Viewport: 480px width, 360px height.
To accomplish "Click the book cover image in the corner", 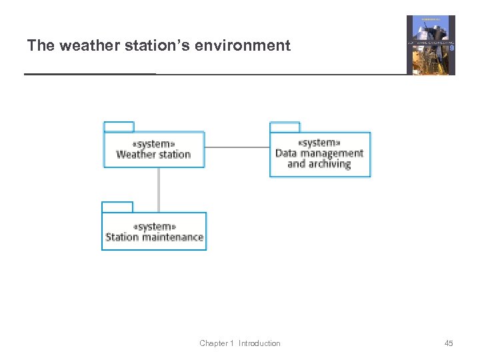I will (431, 45).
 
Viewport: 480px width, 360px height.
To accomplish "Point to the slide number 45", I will (449, 343).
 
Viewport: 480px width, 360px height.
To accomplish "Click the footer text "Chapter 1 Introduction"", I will (239, 343).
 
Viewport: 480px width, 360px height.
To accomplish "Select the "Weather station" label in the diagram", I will (153, 155).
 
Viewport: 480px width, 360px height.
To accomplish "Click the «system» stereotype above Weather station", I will (153, 143).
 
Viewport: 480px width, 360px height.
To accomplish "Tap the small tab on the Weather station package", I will (119, 127).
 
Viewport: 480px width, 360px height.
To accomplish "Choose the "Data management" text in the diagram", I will (319, 153).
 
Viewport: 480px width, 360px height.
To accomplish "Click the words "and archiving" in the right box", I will (319, 164).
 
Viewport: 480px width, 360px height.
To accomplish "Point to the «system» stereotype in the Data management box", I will (319, 142).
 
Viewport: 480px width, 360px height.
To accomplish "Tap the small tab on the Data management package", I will (285, 127).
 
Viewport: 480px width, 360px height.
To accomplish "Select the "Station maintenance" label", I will (154, 237).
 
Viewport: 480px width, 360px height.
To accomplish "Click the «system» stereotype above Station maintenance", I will (154, 227).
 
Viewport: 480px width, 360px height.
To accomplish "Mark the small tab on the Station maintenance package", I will (117, 207).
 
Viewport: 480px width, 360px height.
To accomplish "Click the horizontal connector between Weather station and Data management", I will (237, 147).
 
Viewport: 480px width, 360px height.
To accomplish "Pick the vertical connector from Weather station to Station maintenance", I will (159, 189).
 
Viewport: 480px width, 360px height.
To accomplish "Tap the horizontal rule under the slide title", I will (213, 74).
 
